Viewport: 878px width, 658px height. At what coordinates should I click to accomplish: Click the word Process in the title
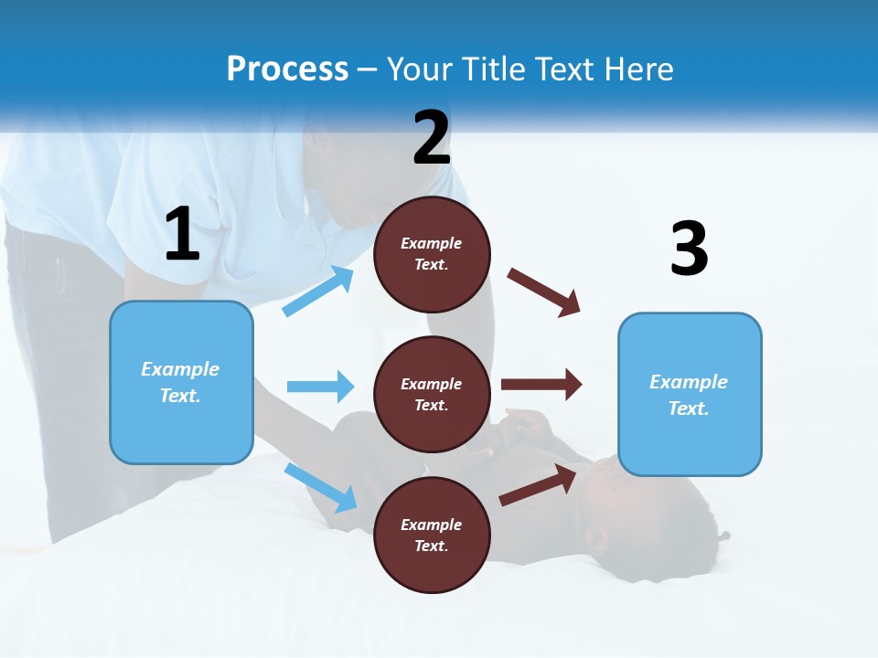point(287,69)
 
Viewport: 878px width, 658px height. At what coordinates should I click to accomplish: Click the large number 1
point(182,235)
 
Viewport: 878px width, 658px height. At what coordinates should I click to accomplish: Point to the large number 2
point(432,138)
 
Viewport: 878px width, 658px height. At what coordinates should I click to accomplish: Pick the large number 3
point(689,249)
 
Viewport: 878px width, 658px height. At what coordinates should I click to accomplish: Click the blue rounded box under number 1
point(181,382)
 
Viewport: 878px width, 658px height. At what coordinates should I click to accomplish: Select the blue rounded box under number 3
point(690,394)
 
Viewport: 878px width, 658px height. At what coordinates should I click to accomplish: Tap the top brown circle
point(432,254)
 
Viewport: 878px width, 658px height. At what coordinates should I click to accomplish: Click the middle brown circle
point(432,394)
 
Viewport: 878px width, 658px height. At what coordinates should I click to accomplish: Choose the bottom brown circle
point(432,535)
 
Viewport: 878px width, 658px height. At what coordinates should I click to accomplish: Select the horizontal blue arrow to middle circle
point(320,387)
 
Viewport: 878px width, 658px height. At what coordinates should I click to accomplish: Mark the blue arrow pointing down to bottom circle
point(320,487)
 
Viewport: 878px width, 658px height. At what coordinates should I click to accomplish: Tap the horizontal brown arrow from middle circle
point(541,385)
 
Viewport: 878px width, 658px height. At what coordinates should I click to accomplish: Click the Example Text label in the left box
point(180,382)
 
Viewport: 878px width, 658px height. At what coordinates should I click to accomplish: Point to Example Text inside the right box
point(689,395)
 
